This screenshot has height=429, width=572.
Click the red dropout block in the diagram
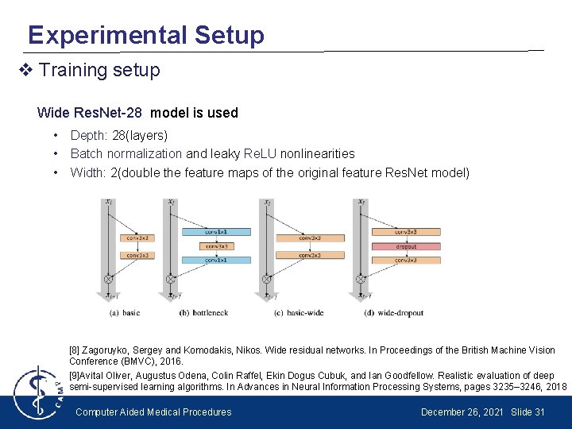click(405, 246)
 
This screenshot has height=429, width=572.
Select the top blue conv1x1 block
click(216, 232)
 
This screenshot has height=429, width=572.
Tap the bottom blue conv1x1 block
click(216, 261)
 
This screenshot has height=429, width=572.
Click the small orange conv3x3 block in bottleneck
click(216, 246)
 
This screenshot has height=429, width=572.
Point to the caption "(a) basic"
click(124, 313)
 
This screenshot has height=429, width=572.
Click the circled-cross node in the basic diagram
click(108, 279)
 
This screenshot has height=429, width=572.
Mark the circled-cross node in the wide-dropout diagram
click(361, 279)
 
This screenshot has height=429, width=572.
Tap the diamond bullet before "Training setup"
click(25, 71)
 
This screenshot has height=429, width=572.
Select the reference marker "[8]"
click(75, 350)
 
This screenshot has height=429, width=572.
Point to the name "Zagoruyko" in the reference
click(109, 350)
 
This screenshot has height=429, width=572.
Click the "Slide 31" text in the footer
click(528, 412)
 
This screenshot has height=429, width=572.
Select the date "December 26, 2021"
click(461, 412)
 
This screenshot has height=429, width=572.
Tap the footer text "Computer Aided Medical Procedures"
click(153, 412)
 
